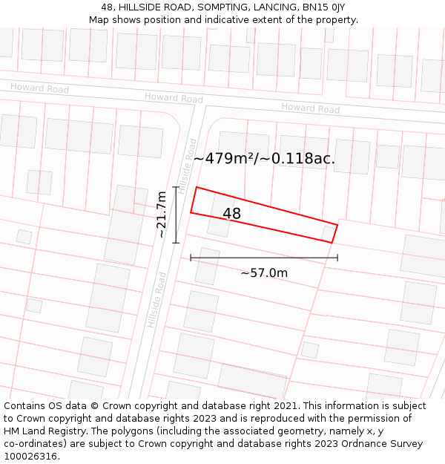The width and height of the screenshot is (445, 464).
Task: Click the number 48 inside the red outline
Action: (232, 214)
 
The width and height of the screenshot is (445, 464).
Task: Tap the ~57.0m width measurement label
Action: (264, 272)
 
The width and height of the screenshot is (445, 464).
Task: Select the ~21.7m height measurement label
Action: (162, 215)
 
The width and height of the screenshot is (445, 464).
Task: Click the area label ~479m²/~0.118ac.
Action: (264, 158)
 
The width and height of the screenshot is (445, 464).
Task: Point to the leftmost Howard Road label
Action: (39, 88)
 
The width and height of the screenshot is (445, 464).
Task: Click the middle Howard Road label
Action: (174, 98)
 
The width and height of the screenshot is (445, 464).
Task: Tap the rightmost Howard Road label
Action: (310, 108)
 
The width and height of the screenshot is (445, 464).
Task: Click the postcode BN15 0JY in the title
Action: (319, 7)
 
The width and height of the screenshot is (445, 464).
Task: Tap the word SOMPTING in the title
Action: (220, 7)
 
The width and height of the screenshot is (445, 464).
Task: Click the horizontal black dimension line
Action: (264, 258)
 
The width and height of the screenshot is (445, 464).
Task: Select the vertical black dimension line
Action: (176, 215)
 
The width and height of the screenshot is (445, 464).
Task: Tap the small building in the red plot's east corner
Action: (328, 234)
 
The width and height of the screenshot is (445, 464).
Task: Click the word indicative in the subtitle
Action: (239, 19)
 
